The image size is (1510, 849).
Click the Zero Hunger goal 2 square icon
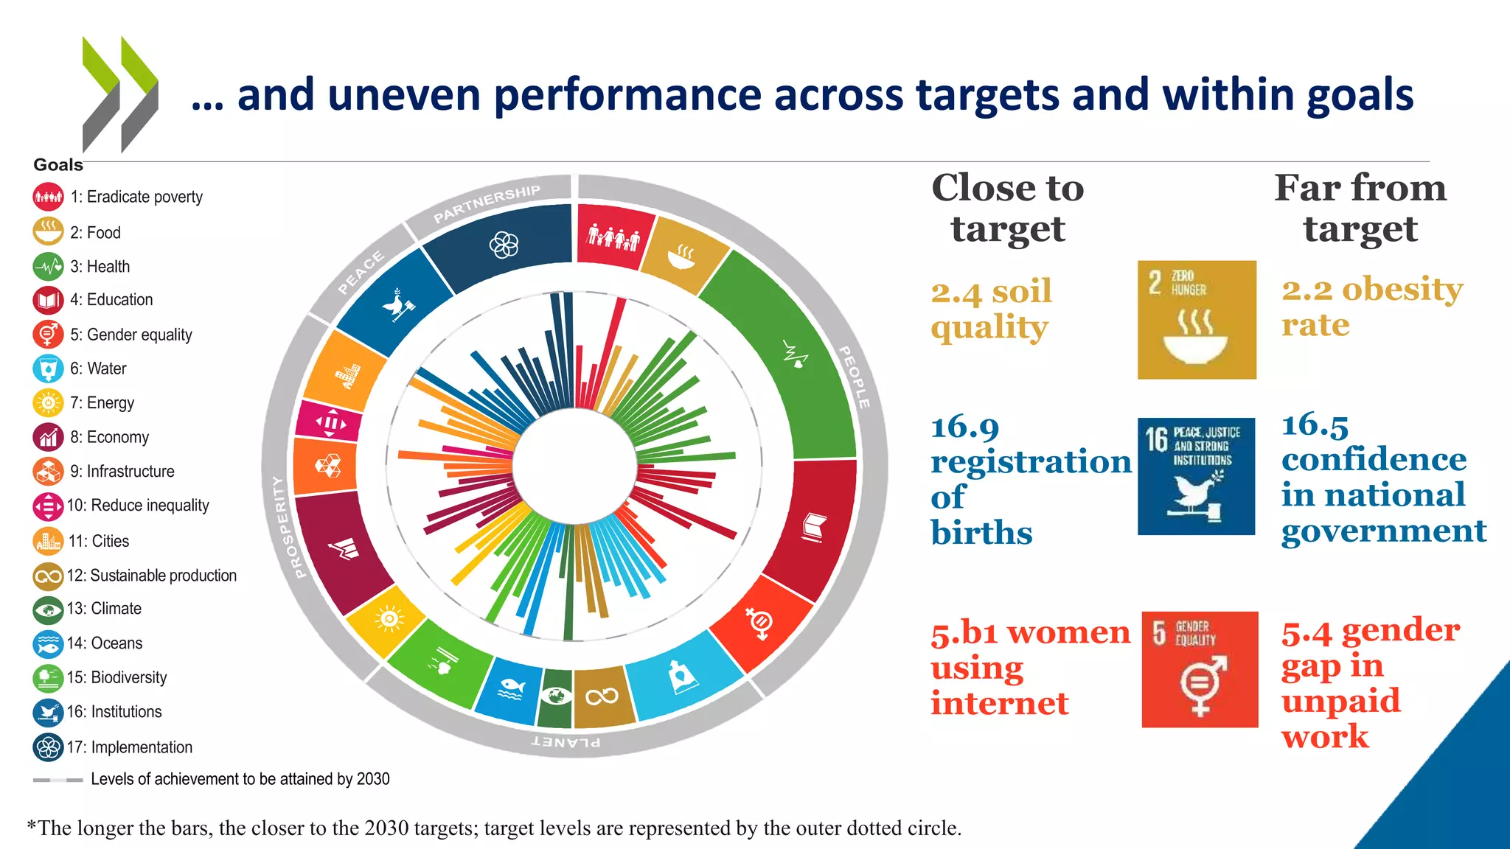coord(1196,320)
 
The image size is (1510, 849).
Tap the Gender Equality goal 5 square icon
coord(1200,669)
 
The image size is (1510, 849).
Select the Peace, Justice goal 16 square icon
coord(1196,476)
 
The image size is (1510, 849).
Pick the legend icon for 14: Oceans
coord(48,643)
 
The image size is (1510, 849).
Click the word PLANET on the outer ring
coord(566,741)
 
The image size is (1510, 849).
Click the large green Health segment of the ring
coord(789,354)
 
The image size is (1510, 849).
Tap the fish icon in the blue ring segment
coord(510,690)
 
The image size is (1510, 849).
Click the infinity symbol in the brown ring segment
coord(602,696)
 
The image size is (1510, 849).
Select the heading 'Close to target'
coord(1007,208)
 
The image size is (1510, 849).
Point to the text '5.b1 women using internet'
coord(1029,668)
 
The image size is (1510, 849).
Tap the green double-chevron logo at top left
coord(119,94)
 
